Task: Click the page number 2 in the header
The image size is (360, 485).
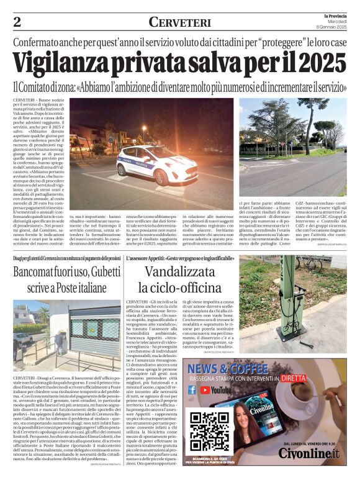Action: pos(17,22)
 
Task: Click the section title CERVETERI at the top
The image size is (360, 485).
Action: pos(179,22)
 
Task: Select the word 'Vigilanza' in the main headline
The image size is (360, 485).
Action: pos(73,63)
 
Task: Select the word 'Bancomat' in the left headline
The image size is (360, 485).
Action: pos(41,273)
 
